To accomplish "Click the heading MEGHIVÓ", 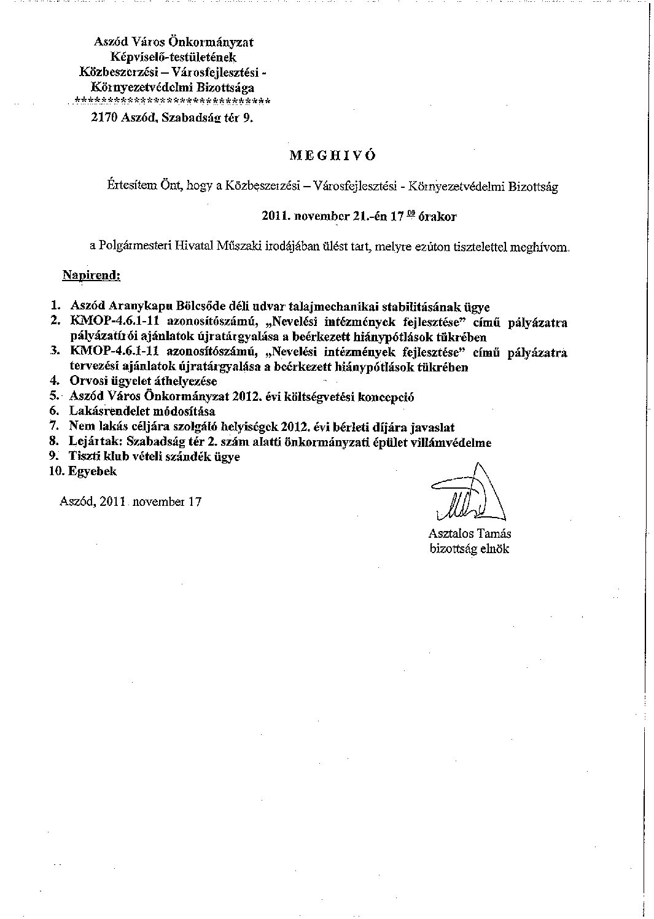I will pos(332,155).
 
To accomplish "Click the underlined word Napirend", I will pos(91,275).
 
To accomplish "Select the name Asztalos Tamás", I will pos(470,534).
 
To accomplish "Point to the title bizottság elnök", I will pos(469,549).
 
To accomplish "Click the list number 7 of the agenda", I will pos(54,427).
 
